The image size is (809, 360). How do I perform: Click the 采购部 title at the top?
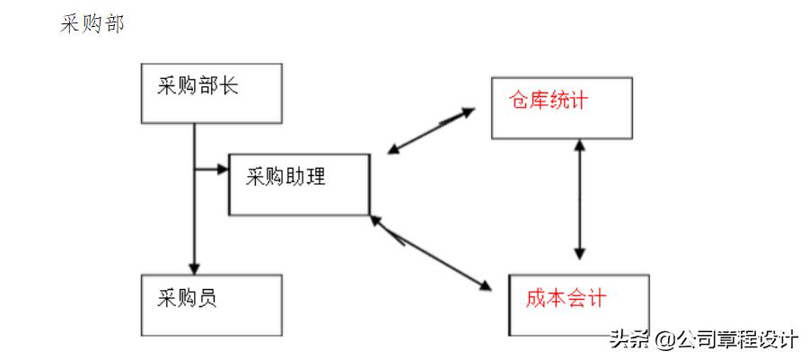[92, 24]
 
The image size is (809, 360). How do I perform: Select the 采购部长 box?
[211, 92]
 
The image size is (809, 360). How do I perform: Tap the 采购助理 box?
[298, 184]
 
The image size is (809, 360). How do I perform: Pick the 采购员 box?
[211, 305]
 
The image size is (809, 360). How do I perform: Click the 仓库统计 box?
[561, 108]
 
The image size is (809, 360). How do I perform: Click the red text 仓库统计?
[548, 100]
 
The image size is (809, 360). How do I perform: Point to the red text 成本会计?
[566, 297]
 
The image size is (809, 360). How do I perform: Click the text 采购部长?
[198, 87]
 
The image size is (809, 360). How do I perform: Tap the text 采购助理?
[286, 176]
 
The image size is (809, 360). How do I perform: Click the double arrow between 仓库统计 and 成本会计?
[581, 199]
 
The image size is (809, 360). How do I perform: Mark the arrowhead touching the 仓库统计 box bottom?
[581, 145]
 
